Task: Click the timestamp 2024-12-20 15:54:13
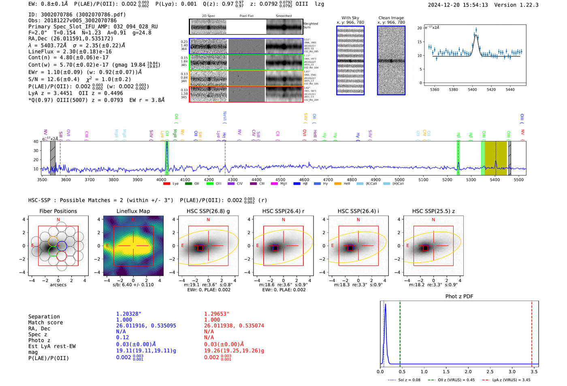[458, 5]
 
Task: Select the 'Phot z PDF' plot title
[459, 296]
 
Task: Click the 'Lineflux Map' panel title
[133, 211]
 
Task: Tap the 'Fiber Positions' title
[58, 211]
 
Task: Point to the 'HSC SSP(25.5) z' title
[433, 211]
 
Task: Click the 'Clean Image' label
[391, 18]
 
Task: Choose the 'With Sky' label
[350, 18]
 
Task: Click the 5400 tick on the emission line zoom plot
[472, 90]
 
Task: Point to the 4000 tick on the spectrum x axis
[161, 180]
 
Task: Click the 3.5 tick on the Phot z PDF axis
[534, 371]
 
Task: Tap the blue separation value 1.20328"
[129, 314]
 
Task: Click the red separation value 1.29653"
[217, 314]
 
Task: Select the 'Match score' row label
[45, 322]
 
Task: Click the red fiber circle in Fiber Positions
[62, 256]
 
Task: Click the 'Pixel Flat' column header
[246, 16]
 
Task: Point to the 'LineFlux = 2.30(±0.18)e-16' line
[70, 51]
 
